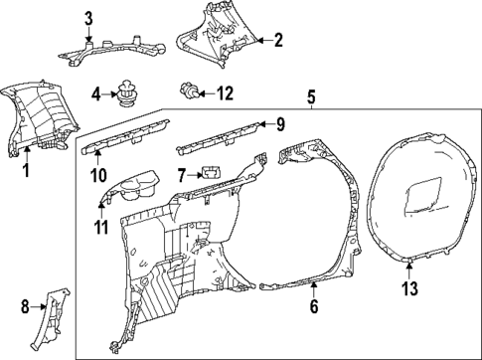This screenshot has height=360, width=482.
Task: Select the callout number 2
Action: (x=279, y=41)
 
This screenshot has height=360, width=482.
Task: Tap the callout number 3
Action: (x=88, y=18)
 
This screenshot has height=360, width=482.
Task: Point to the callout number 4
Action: (x=96, y=94)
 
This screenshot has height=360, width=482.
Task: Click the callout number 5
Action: (x=311, y=97)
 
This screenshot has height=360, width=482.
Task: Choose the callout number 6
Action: (x=314, y=307)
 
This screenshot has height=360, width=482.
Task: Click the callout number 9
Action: (x=280, y=125)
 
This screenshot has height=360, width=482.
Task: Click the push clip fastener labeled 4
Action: (x=126, y=92)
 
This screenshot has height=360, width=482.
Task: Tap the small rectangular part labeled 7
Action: (x=209, y=172)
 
